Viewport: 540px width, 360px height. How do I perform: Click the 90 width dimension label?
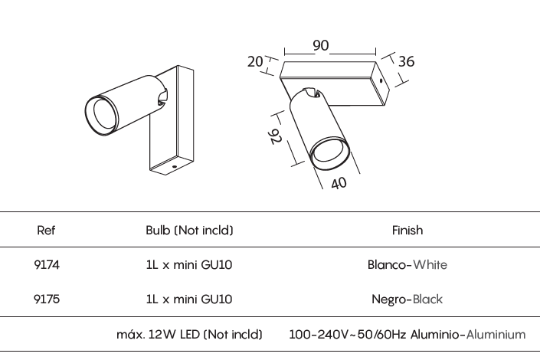pyautogui.click(x=321, y=45)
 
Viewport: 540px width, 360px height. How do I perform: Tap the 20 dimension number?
pyautogui.click(x=255, y=62)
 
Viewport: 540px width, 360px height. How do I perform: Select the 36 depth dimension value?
pyautogui.click(x=407, y=61)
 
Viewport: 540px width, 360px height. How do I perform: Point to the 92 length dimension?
pyautogui.click(x=275, y=136)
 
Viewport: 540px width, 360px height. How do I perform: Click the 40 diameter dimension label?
pyautogui.click(x=339, y=183)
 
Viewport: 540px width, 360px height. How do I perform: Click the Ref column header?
pyautogui.click(x=46, y=230)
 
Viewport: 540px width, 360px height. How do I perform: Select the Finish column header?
pyautogui.click(x=407, y=230)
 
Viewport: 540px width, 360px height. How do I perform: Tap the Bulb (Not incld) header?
pyautogui.click(x=189, y=230)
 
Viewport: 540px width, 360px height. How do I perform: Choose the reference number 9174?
pyautogui.click(x=47, y=264)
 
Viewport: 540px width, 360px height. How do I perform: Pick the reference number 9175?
pyautogui.click(x=47, y=299)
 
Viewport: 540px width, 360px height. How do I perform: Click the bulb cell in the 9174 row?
pyautogui.click(x=189, y=264)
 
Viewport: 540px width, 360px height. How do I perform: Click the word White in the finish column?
pyautogui.click(x=430, y=264)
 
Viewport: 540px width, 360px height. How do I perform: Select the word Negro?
pyautogui.click(x=389, y=299)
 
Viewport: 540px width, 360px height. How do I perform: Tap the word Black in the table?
pyautogui.click(x=427, y=299)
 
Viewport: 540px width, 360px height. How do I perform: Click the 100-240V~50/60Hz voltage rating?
pyautogui.click(x=347, y=334)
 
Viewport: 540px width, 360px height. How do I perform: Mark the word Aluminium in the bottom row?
pyautogui.click(x=496, y=334)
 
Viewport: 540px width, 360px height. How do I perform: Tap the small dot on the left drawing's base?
pyautogui.click(x=175, y=167)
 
